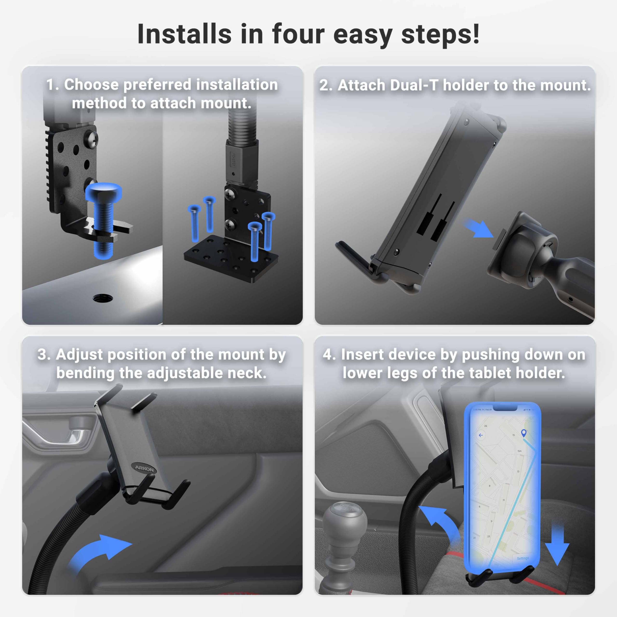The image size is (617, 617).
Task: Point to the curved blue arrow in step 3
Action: pos(99,552)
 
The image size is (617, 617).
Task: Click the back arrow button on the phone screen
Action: pos(481,435)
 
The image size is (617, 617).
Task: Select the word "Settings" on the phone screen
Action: pos(523,558)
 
